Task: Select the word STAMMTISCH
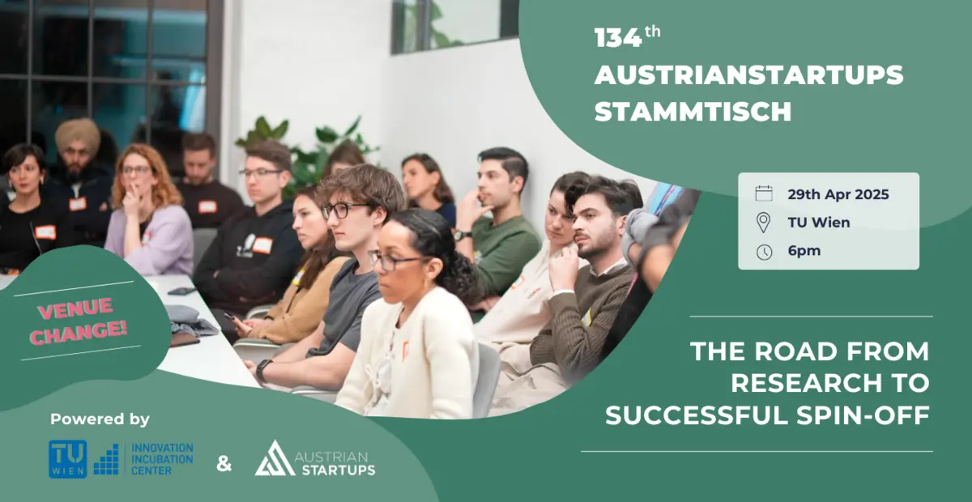(x=693, y=111)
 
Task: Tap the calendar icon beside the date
(x=763, y=194)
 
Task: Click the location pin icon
(x=763, y=223)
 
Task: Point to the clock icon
(x=763, y=252)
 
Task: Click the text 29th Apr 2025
(x=838, y=194)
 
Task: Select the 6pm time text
(x=804, y=251)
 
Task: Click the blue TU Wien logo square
(x=67, y=459)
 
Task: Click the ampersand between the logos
(x=224, y=464)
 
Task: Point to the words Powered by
(x=100, y=419)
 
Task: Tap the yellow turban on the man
(x=77, y=134)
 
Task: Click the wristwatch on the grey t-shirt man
(x=262, y=370)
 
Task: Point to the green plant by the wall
(x=308, y=150)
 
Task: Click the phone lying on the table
(x=182, y=291)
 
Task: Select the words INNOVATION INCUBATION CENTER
(x=162, y=458)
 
